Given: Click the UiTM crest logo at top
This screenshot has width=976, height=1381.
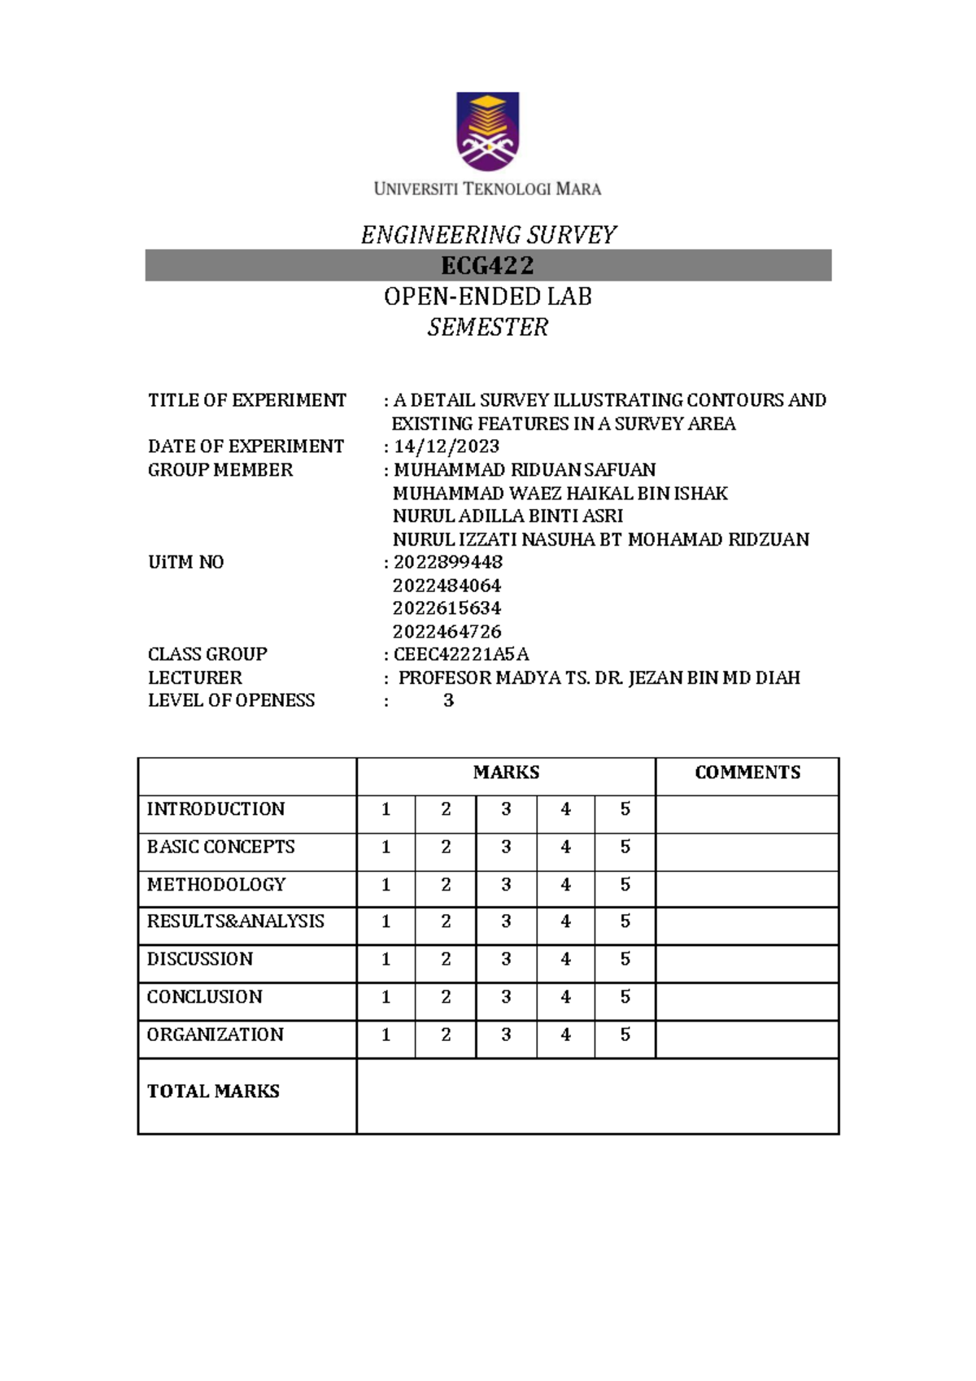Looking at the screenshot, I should coord(487,131).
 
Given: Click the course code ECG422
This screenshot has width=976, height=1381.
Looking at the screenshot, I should coord(487,266).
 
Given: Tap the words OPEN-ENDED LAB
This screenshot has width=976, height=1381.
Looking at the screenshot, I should coord(487,297).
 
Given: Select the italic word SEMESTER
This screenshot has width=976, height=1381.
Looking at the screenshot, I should coord(487,328).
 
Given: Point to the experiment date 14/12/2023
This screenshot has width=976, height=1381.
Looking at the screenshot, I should coord(447,447).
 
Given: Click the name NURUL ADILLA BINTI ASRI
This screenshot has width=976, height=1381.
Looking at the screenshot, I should coord(508,516).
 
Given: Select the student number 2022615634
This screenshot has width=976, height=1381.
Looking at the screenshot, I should coord(447,608).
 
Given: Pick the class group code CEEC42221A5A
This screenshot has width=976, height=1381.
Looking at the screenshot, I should coord(461,655).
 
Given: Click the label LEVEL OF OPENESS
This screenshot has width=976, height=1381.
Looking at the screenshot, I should coord(231,700).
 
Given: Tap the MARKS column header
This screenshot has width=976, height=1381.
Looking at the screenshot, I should coord(506,773).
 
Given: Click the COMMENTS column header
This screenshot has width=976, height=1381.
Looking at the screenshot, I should coord(747,773).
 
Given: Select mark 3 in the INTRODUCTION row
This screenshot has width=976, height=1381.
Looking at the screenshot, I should coord(506,809).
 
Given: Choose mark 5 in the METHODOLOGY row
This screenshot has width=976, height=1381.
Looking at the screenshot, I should coord(625,884).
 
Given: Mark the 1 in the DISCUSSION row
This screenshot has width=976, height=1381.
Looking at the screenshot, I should coord(386,960).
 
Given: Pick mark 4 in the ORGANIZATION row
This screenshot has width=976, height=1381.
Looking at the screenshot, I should coord(565,1035).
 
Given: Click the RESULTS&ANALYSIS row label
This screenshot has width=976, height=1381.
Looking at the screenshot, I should coord(235,921).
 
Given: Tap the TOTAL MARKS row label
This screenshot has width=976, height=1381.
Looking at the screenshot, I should coord(213,1091).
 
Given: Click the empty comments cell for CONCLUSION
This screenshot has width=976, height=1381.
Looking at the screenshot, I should coord(747,997).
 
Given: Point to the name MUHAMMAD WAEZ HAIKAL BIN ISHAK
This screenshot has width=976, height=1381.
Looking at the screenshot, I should coord(560,494).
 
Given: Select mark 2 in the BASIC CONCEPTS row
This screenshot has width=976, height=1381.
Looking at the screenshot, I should coord(446,847).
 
